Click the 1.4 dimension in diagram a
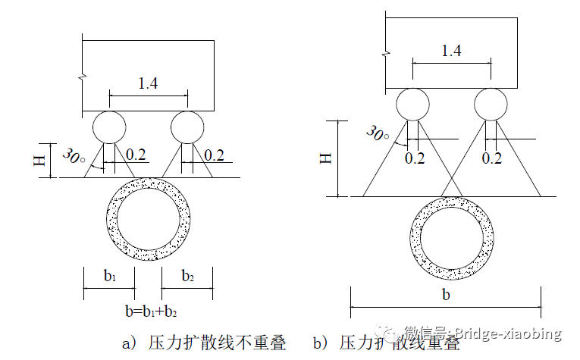click(x=149, y=83)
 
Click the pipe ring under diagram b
click(x=451, y=239)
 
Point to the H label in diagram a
click(x=42, y=160)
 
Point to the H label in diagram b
click(x=324, y=158)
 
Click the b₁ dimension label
click(x=110, y=277)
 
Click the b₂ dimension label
click(x=187, y=277)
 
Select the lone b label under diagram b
click(x=446, y=295)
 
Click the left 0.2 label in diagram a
click(x=136, y=155)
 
